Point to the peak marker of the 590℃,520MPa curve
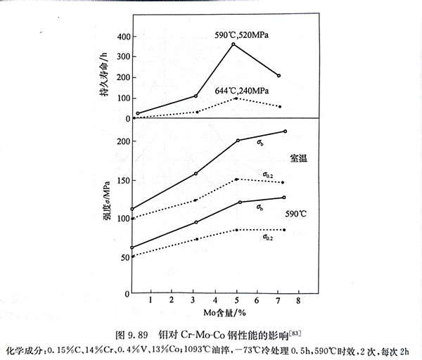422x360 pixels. click(x=233, y=44)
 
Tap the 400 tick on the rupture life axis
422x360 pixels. click(x=122, y=36)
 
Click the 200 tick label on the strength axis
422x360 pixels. click(x=122, y=141)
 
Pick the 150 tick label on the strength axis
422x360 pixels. click(x=122, y=180)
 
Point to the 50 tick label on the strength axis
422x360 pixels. click(x=124, y=257)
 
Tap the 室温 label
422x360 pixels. click(x=298, y=159)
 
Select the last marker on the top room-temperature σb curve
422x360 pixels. click(x=285, y=131)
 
